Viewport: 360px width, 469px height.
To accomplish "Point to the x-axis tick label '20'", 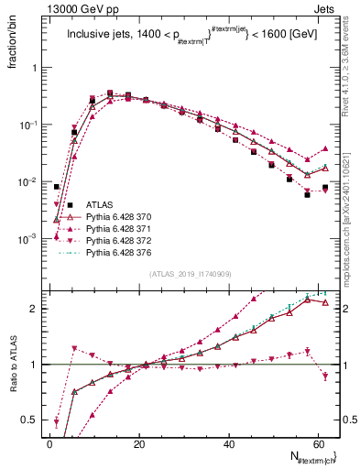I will [x=138, y=444].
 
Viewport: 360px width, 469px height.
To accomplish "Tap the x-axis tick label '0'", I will [x=49, y=444].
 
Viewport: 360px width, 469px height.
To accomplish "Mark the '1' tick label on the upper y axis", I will [x=35, y=68].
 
